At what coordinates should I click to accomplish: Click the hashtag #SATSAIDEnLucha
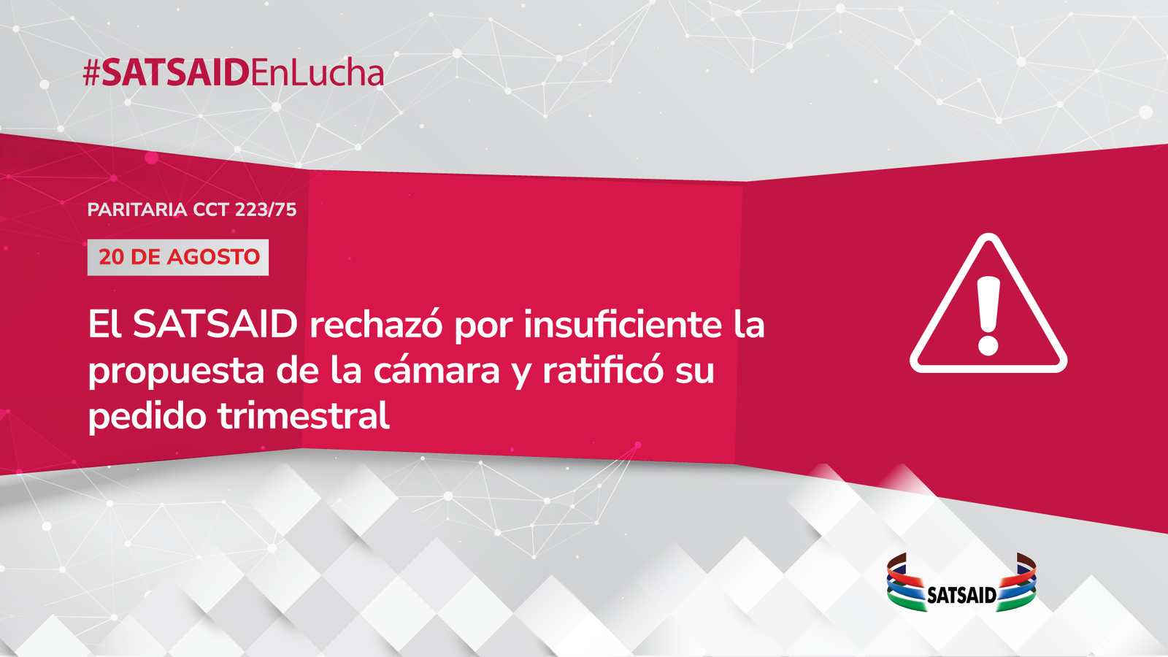(234, 72)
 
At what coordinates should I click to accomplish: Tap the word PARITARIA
(137, 210)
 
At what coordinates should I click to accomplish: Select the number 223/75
(266, 210)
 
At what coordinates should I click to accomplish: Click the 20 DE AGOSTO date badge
(178, 257)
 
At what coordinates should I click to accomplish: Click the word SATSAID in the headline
(215, 324)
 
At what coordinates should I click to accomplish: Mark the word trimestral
(304, 415)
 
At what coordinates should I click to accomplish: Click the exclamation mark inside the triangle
(988, 315)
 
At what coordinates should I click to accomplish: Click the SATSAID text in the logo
(961, 595)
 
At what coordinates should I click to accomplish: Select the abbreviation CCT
(211, 210)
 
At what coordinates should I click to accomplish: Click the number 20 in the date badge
(110, 257)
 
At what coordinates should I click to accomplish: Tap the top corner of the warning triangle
(988, 234)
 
